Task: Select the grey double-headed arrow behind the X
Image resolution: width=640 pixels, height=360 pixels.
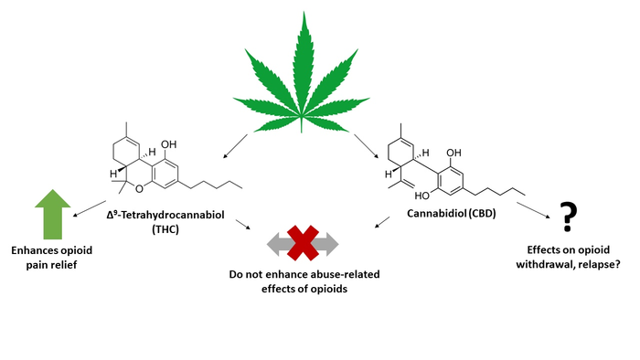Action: pyautogui.click(x=273, y=243)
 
